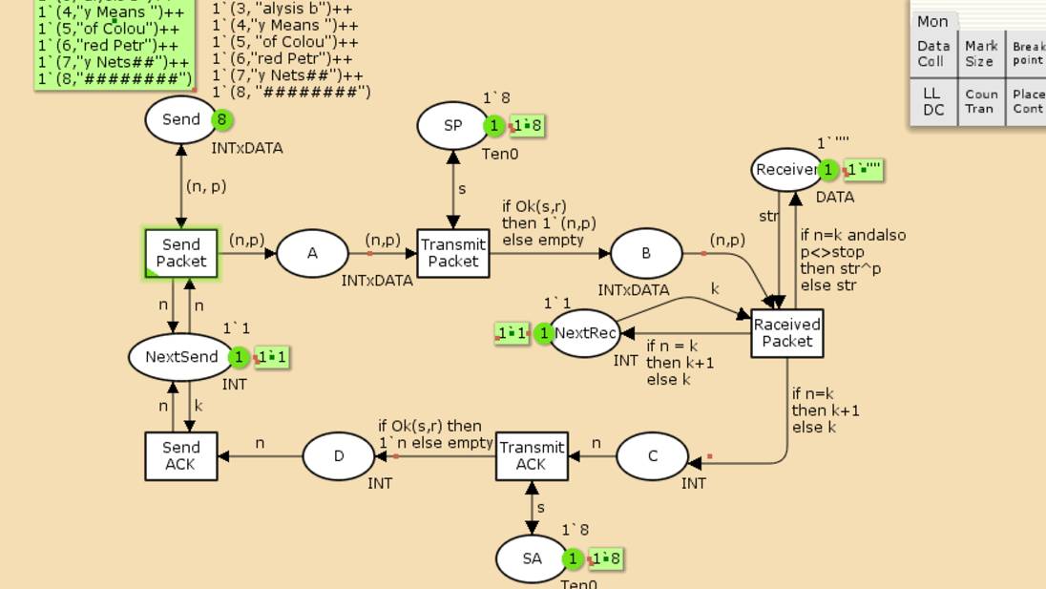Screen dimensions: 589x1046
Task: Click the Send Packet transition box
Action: tap(181, 254)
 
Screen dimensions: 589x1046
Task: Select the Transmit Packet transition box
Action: tap(453, 254)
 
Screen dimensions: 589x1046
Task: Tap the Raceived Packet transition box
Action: tap(787, 333)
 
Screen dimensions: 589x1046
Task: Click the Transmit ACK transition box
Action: tap(532, 456)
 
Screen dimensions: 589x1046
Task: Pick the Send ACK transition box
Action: tap(181, 456)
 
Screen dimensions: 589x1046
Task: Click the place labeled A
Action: tap(312, 254)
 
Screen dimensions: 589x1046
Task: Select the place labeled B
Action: tap(646, 254)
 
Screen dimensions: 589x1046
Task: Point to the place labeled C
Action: tap(653, 456)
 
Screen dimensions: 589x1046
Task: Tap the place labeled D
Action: tap(339, 456)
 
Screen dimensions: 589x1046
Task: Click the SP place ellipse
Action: tap(452, 126)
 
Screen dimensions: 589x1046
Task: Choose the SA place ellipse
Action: tap(532, 559)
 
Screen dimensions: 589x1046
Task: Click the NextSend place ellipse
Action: tap(181, 357)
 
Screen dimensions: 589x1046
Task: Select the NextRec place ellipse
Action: tap(585, 333)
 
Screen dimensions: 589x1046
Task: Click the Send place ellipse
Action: tap(181, 119)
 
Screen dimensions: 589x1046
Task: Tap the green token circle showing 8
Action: tap(222, 119)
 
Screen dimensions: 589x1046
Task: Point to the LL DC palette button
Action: tap(933, 102)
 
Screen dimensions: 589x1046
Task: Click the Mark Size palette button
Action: tap(980, 53)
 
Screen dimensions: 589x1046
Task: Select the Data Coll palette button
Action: tap(933, 53)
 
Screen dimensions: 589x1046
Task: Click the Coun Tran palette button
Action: tap(980, 102)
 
